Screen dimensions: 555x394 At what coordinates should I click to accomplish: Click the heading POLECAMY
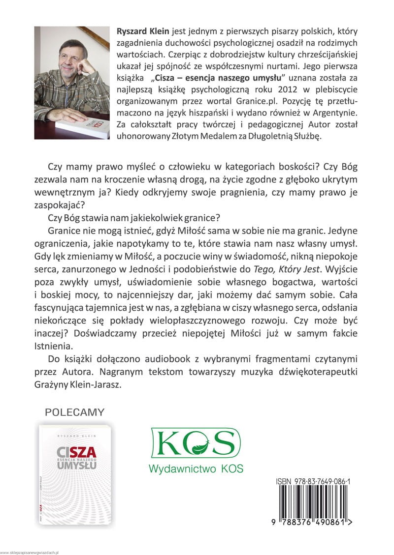tap(74, 411)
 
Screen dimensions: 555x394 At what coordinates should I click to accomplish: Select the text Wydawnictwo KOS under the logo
tap(196, 468)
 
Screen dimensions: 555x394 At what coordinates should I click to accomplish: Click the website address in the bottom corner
tap(30, 553)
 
